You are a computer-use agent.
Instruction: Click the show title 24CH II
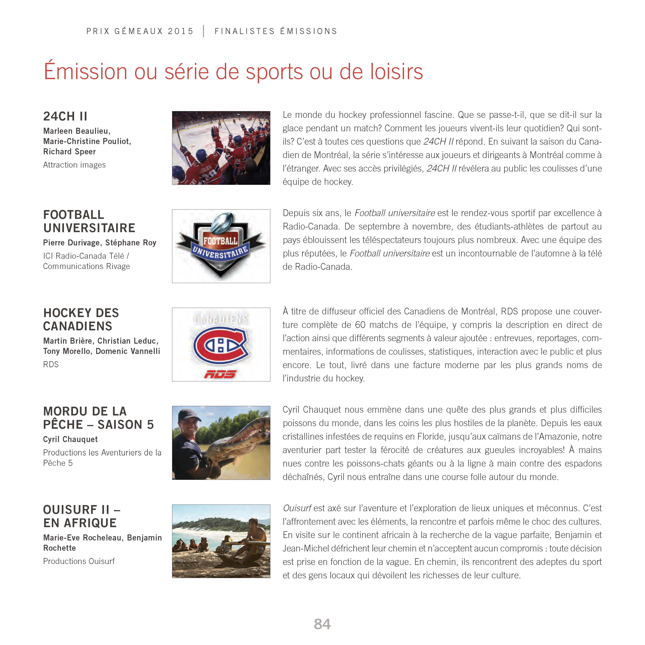tap(65, 117)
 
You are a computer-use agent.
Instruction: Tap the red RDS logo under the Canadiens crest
tap(220, 374)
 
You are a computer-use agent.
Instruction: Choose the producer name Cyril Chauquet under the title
tap(71, 439)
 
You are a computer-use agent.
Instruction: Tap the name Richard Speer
tap(69, 152)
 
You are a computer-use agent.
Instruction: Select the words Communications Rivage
tap(86, 266)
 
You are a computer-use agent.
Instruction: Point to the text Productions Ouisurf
tap(79, 561)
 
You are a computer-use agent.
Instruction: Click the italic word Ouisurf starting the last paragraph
tap(297, 508)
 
